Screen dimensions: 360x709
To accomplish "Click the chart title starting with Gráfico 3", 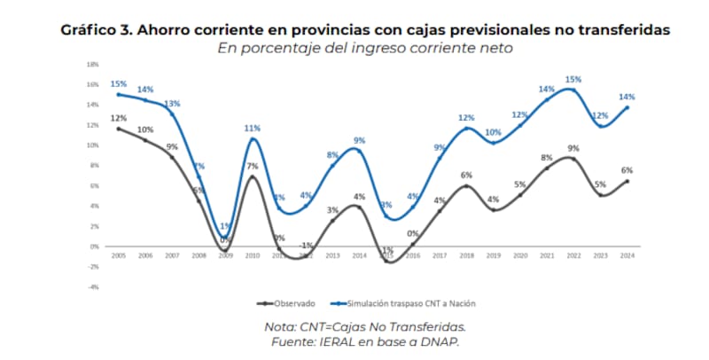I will (x=364, y=30).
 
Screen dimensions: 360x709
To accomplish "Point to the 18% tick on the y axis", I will (x=91, y=65).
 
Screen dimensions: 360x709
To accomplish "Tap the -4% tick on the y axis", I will (x=91, y=286).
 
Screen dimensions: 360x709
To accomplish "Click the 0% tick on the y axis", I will (x=92, y=247).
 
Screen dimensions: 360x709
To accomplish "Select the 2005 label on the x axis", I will (x=117, y=256).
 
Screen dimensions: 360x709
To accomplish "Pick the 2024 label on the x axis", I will (x=627, y=256).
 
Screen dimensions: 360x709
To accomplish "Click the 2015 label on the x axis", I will (x=386, y=256).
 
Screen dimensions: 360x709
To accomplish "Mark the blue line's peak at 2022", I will (x=573, y=90).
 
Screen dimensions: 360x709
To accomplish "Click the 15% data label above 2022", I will (x=573, y=79).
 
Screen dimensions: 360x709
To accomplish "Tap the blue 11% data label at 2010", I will (x=253, y=129).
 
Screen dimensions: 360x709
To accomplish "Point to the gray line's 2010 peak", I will (x=252, y=176).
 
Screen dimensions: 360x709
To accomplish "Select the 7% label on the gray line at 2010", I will (x=252, y=166).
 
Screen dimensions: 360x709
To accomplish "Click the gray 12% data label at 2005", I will (x=117, y=118).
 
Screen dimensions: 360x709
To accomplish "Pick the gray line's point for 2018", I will (x=466, y=185).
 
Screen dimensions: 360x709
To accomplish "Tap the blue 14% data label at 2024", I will (x=627, y=97).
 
